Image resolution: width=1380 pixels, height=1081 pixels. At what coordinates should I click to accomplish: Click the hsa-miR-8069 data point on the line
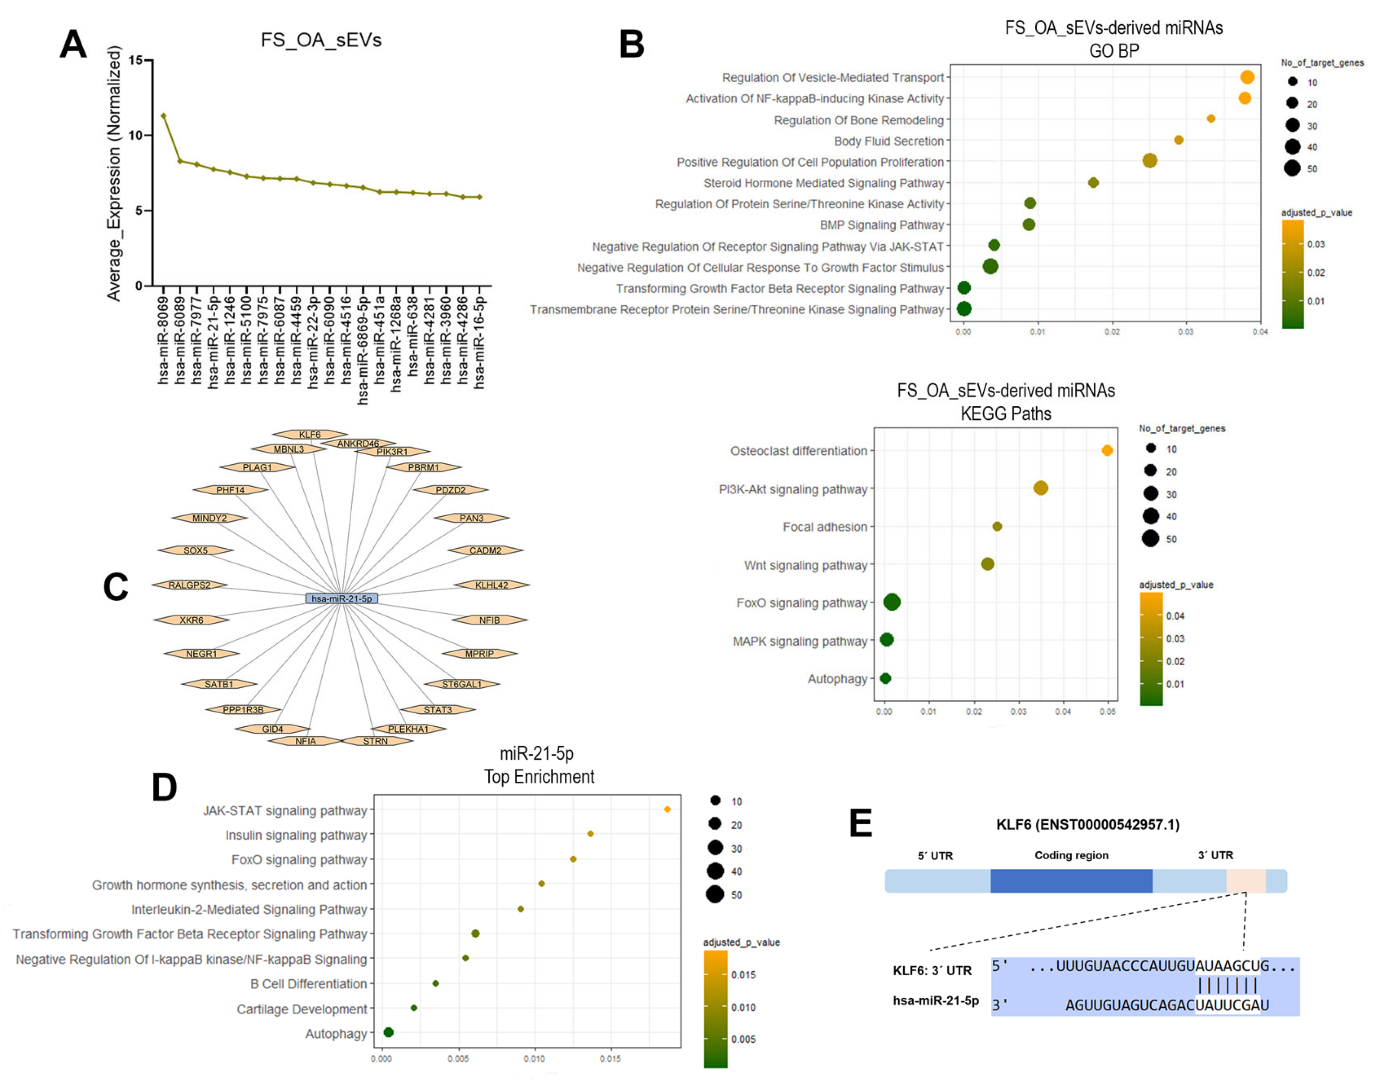tap(163, 116)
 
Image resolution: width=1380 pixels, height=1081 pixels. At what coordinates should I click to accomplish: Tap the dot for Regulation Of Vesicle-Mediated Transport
tap(1247, 77)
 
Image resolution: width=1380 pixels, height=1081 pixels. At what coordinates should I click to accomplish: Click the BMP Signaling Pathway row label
tap(881, 225)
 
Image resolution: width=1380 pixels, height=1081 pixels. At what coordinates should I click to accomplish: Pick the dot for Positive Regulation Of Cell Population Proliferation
tap(1150, 161)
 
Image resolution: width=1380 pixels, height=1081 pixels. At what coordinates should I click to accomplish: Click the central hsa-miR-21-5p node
tap(341, 598)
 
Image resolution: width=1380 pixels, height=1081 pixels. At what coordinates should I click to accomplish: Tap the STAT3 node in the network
tap(437, 709)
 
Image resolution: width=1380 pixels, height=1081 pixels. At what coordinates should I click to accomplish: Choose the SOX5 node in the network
tap(196, 550)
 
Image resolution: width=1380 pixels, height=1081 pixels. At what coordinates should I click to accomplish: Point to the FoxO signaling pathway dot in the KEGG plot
tap(891, 602)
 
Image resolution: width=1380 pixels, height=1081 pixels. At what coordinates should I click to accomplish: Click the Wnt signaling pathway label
tap(805, 565)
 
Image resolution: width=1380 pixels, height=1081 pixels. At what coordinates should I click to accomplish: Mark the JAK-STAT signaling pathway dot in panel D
tap(667, 809)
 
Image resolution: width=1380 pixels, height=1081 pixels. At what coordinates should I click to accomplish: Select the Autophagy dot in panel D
tap(389, 1032)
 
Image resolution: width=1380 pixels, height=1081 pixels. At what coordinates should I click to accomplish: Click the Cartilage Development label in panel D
tap(301, 1009)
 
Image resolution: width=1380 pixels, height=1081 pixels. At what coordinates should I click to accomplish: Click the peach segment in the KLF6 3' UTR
tap(1245, 881)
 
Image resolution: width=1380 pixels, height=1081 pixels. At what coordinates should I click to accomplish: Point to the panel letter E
tap(860, 823)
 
